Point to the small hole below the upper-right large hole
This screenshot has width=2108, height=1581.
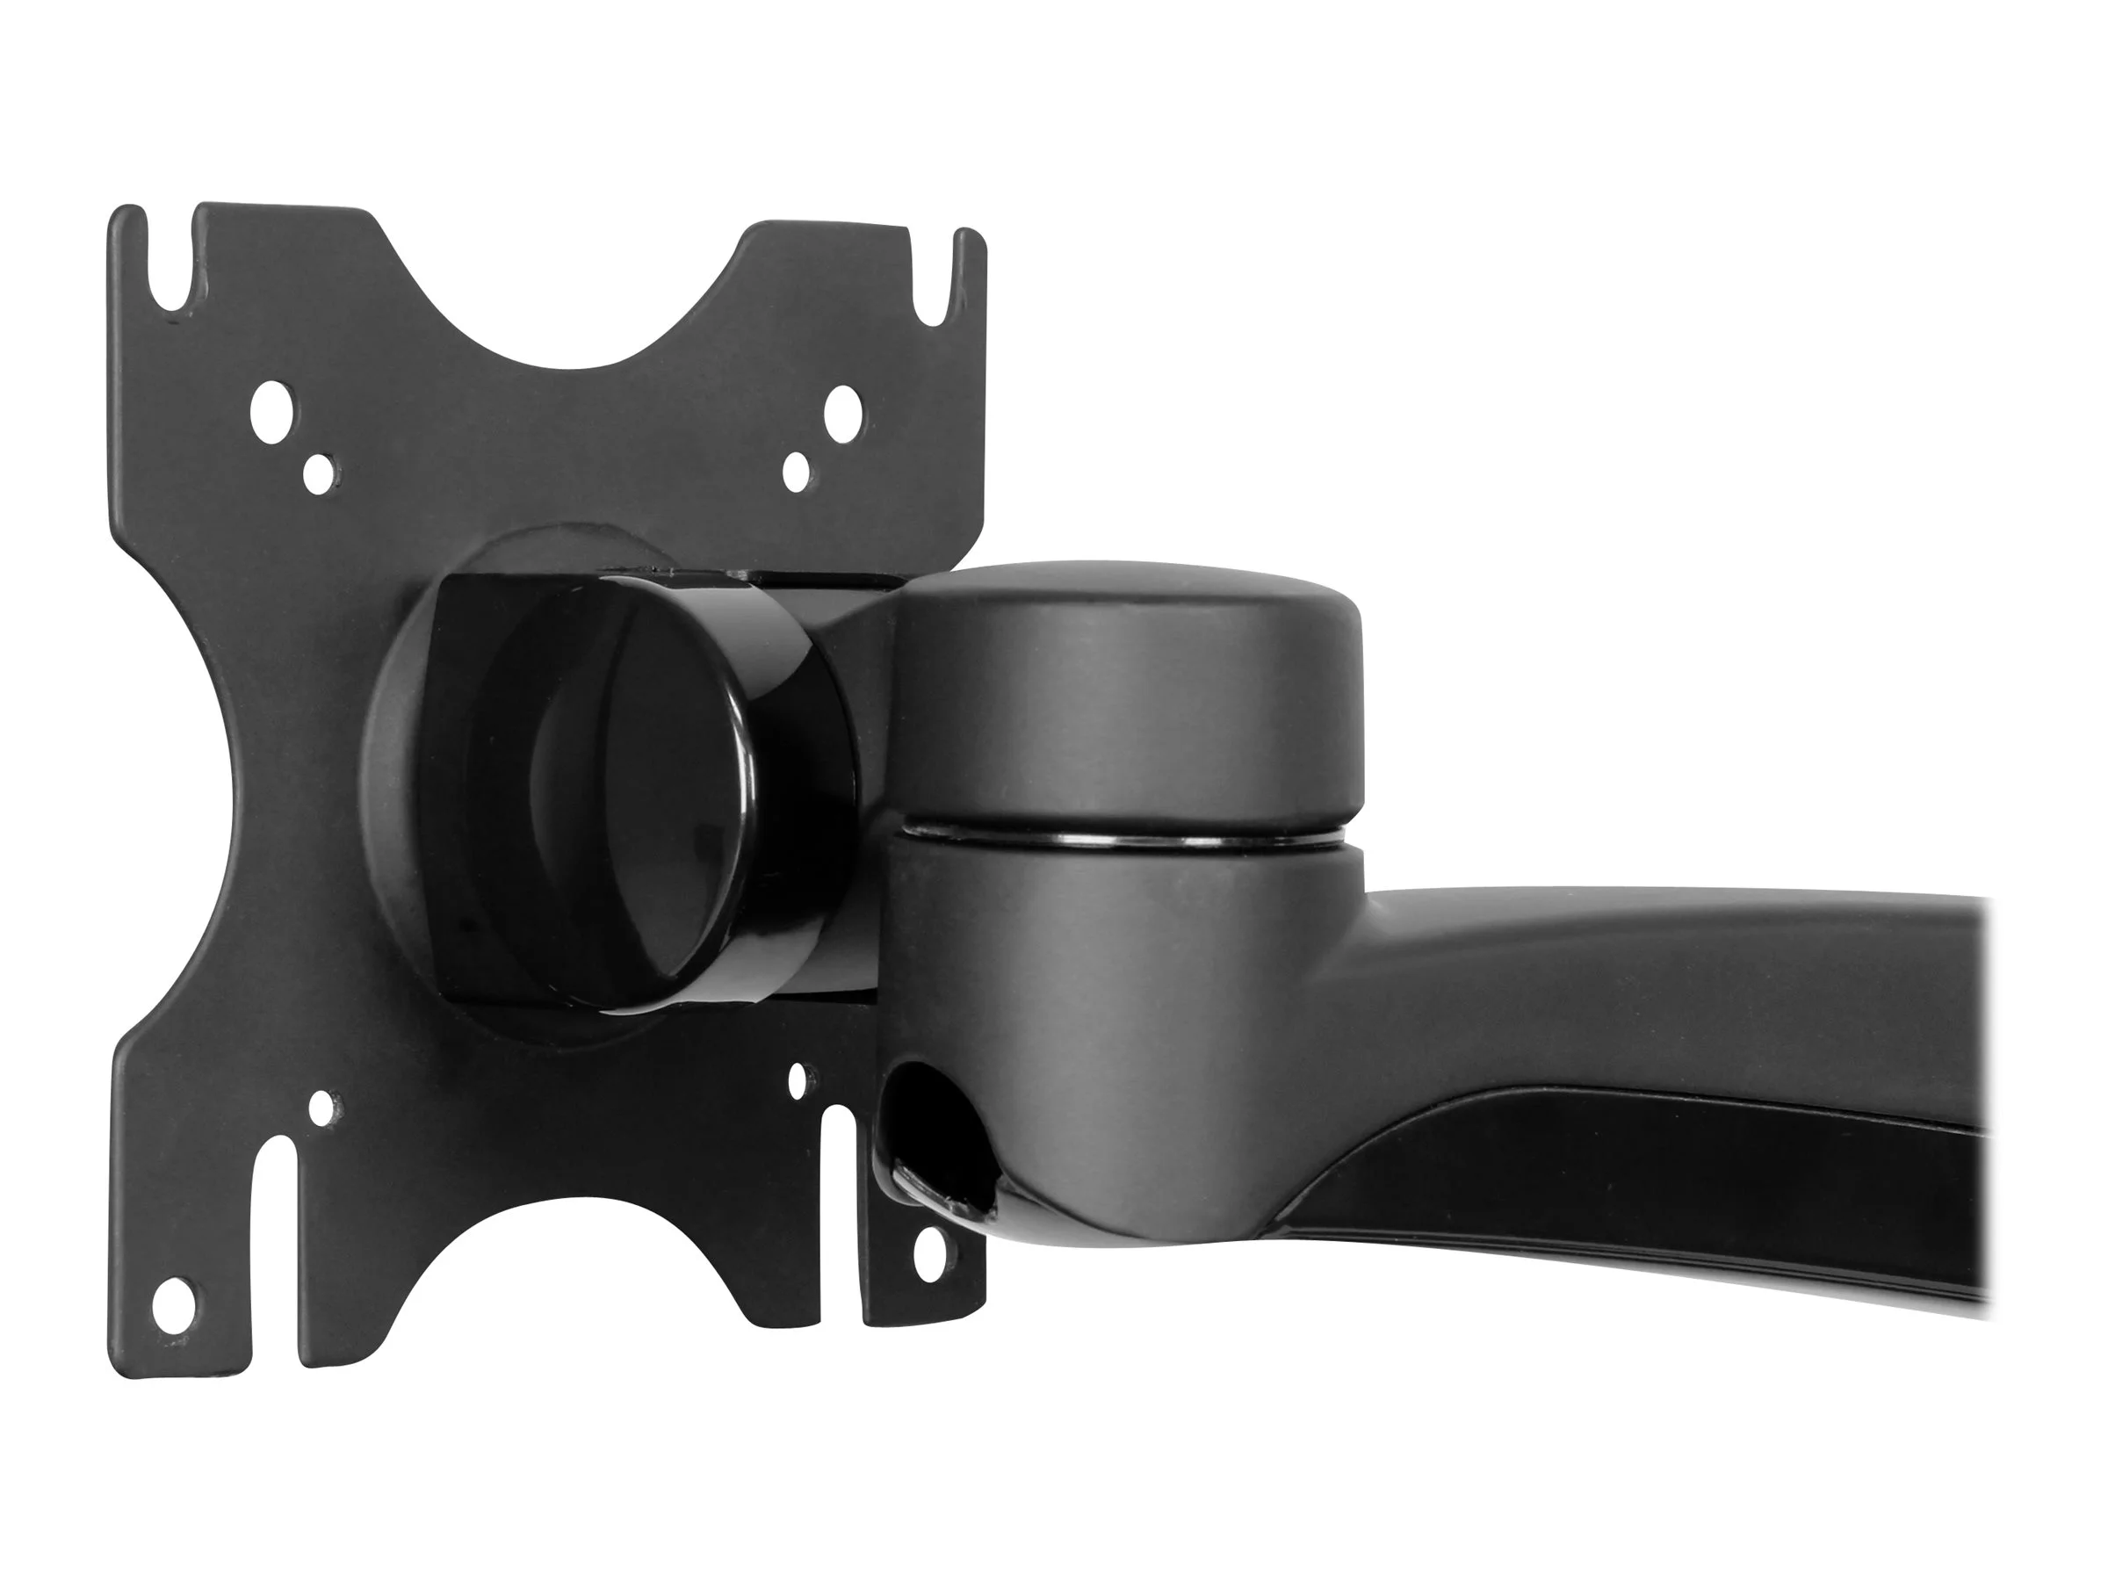click(x=796, y=471)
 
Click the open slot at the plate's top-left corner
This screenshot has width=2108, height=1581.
click(x=171, y=267)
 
